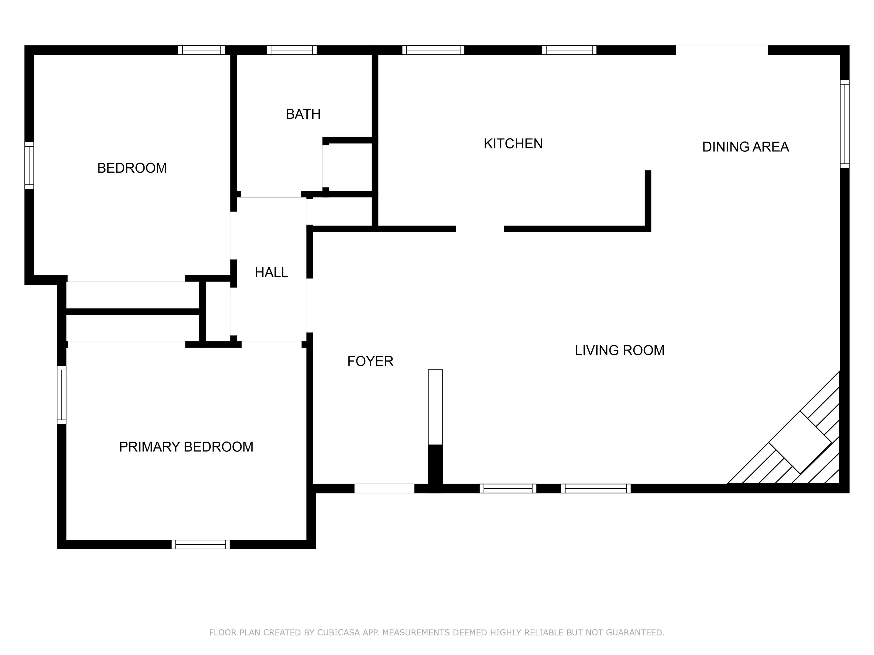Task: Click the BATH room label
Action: tap(303, 114)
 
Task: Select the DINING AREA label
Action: tap(745, 147)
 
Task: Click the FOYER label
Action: tap(370, 361)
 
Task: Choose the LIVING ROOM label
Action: tap(619, 350)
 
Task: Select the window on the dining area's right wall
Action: tap(844, 124)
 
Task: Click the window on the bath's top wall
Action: tap(292, 50)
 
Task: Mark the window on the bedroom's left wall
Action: tap(29, 165)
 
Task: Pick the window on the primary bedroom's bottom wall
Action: tap(200, 544)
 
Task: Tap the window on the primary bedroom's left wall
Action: tap(62, 395)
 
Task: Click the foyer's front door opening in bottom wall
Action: tap(384, 488)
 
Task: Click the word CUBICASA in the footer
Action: tap(338, 633)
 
